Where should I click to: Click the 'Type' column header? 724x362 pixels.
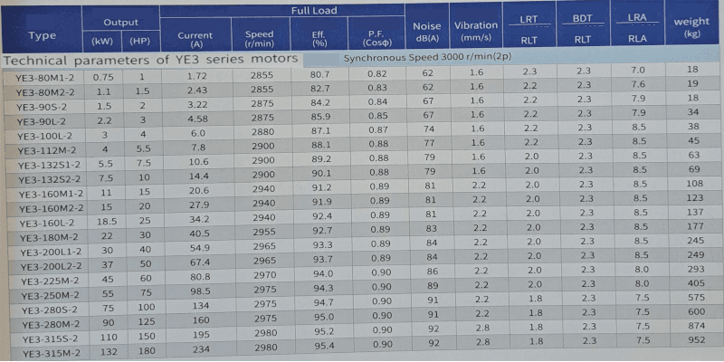[42, 35]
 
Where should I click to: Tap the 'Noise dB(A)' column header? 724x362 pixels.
[426, 32]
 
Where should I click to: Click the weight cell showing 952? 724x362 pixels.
[694, 341]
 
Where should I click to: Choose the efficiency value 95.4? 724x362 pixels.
[324, 346]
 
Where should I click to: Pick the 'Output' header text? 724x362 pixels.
[119, 22]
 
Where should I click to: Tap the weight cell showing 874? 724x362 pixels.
[694, 326]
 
